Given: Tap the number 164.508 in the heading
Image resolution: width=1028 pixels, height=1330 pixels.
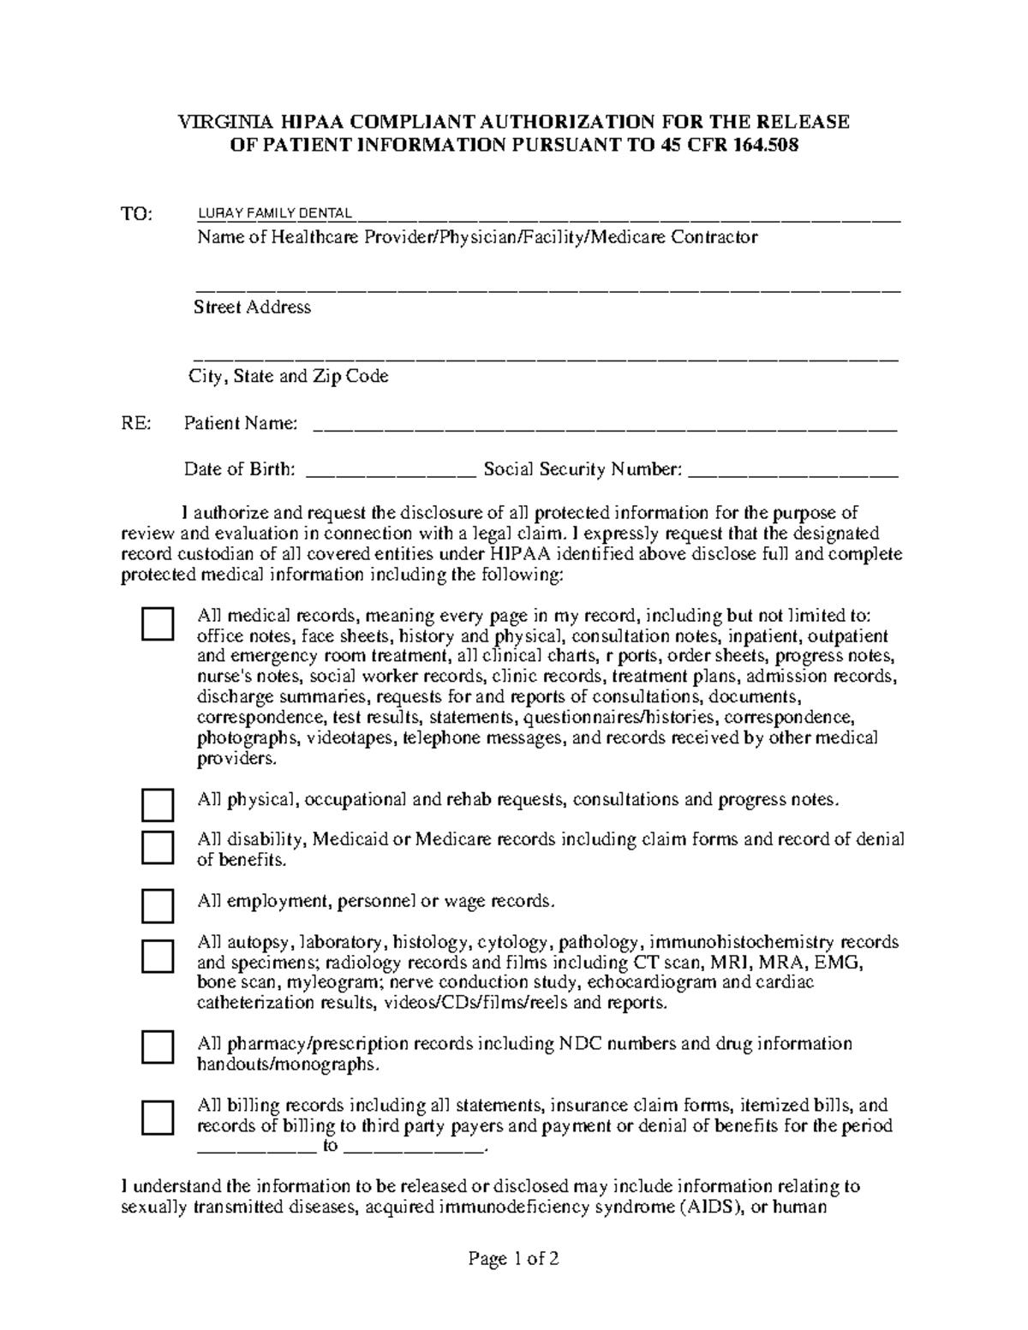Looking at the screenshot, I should pyautogui.click(x=762, y=145).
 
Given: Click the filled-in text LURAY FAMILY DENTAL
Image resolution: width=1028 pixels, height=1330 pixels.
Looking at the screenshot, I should pyautogui.click(x=274, y=212).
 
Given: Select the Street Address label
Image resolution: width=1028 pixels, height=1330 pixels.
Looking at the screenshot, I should pyautogui.click(x=252, y=307).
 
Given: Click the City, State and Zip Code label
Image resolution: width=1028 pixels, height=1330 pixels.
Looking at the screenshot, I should pyautogui.click(x=289, y=376).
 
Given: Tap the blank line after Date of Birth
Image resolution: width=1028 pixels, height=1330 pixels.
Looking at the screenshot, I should pyautogui.click(x=389, y=470).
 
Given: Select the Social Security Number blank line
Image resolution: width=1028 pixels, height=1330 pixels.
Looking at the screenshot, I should pyautogui.click(x=793, y=470).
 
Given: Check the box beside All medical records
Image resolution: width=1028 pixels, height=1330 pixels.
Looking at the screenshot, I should pyautogui.click(x=158, y=624).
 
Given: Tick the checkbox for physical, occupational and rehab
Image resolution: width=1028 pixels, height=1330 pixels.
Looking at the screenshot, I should pyautogui.click(x=158, y=805).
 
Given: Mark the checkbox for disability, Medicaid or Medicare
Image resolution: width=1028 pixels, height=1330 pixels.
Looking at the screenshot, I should pyautogui.click(x=158, y=847).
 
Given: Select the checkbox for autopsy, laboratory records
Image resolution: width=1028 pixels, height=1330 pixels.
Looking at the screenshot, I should pyautogui.click(x=158, y=955).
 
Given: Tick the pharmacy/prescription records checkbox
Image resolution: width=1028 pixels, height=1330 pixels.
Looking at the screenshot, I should pyautogui.click(x=158, y=1047).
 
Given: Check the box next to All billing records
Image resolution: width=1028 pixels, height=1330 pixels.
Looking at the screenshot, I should pyautogui.click(x=158, y=1118).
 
